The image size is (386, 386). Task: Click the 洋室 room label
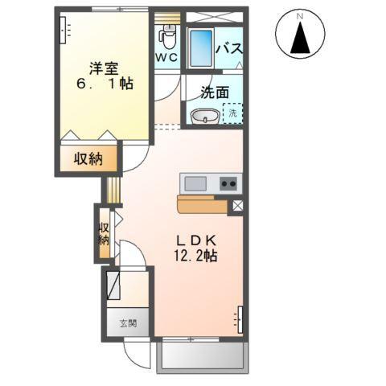104,68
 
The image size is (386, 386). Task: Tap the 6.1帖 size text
105,84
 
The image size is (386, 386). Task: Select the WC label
166,57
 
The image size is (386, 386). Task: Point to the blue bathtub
201,48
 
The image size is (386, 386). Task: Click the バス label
229,48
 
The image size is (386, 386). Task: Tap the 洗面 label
215,92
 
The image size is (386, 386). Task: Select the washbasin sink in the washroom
205,117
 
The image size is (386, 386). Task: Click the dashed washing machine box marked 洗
232,113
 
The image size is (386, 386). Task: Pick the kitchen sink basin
195,183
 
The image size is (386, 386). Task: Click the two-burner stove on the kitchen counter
228,183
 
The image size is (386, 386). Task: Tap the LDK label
196,240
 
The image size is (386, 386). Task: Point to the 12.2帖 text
195,255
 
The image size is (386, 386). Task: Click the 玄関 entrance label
128,323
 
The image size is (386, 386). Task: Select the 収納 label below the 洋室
88,159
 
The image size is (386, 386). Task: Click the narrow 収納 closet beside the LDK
104,234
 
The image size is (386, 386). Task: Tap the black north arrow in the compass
300,38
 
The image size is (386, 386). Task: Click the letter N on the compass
300,16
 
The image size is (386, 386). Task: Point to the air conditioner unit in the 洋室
63,30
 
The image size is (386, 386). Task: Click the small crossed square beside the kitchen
237,206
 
